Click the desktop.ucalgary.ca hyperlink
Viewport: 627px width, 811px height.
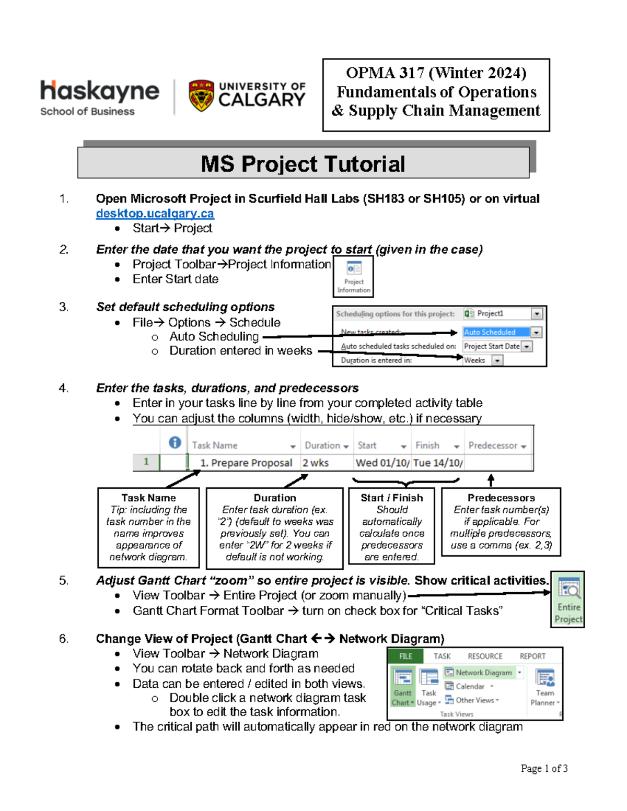click(x=155, y=214)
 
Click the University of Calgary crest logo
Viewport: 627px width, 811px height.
click(x=201, y=96)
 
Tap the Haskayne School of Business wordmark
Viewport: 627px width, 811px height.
click(x=100, y=97)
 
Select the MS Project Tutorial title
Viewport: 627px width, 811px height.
click(x=303, y=164)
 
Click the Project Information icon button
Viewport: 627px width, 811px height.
click(x=354, y=276)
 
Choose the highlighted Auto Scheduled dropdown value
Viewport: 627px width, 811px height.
click(x=496, y=332)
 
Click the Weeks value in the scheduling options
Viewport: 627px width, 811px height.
click(x=475, y=360)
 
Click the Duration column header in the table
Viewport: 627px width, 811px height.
click(x=322, y=445)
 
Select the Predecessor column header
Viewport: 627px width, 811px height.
click(x=493, y=445)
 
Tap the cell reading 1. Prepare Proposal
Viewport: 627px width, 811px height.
click(x=246, y=463)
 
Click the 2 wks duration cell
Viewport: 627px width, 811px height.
click(x=316, y=463)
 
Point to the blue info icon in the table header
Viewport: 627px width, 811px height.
click(x=175, y=443)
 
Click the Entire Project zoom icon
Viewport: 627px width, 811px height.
click(x=568, y=598)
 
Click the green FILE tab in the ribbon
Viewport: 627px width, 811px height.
click(x=406, y=656)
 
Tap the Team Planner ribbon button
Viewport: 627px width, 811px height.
click(x=545, y=687)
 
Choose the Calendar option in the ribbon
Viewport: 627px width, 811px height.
click(x=470, y=686)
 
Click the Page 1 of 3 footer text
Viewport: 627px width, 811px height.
click(x=544, y=768)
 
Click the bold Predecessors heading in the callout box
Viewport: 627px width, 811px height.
click(x=501, y=498)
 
